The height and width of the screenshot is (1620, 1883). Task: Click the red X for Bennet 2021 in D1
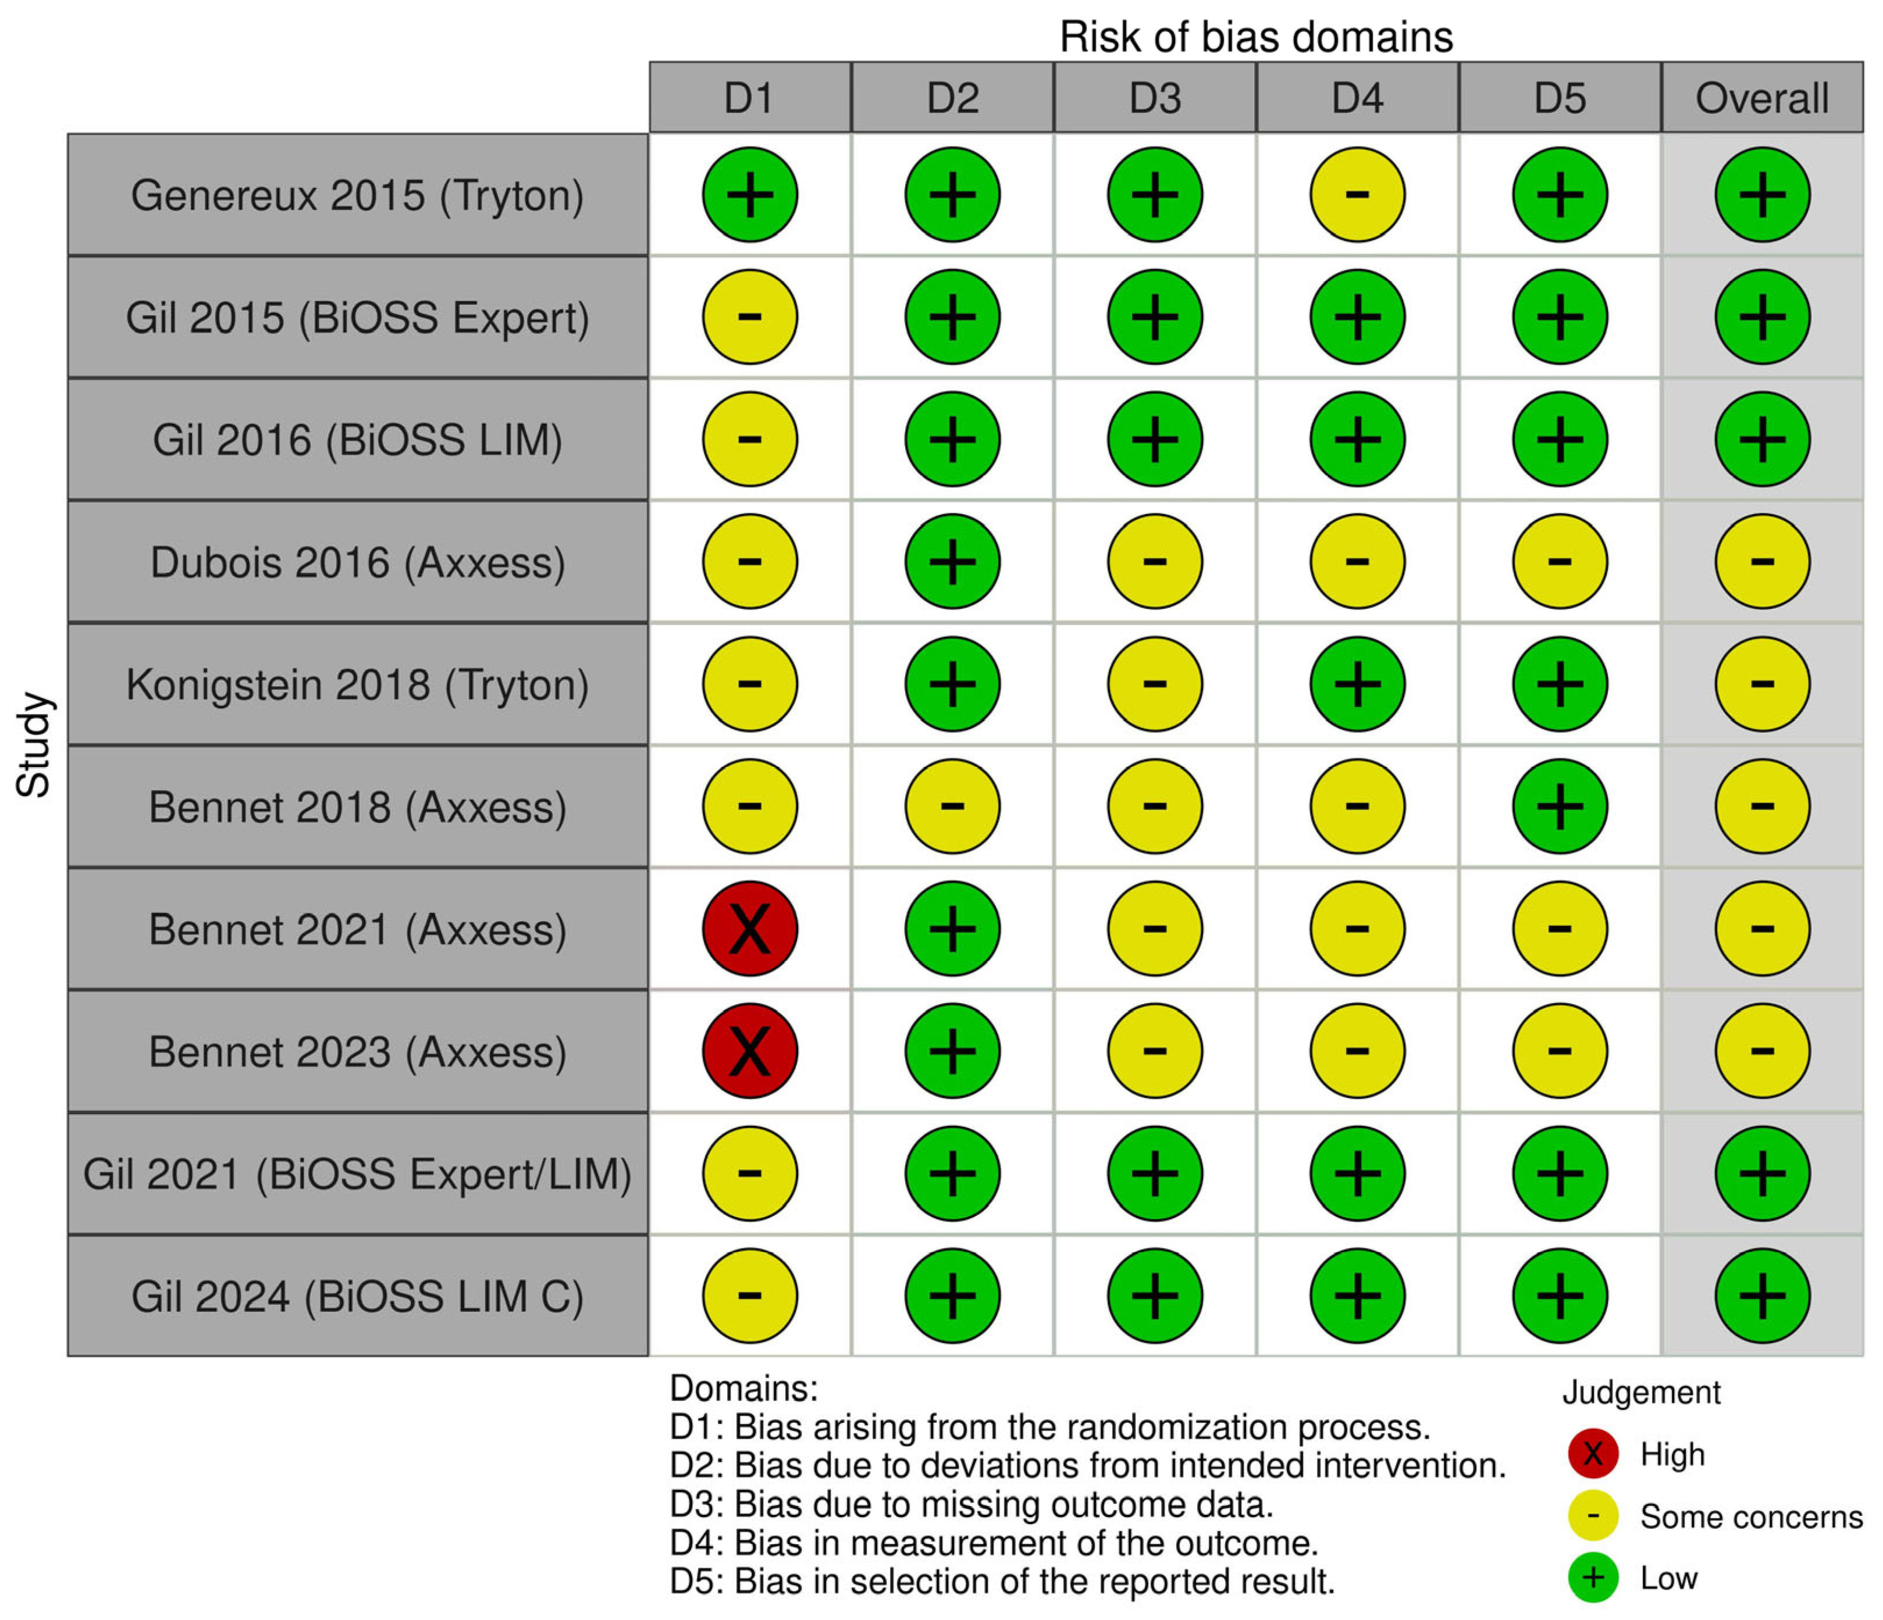click(x=750, y=929)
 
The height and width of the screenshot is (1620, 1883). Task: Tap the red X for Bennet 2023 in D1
click(x=750, y=1051)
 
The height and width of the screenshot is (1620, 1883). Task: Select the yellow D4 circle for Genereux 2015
click(x=1357, y=194)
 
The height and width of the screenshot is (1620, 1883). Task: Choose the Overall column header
click(x=1761, y=97)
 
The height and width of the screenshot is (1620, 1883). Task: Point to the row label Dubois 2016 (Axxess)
click(x=358, y=562)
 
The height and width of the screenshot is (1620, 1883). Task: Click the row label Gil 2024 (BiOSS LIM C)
click(x=358, y=1297)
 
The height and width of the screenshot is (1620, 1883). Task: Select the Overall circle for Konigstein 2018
click(x=1762, y=684)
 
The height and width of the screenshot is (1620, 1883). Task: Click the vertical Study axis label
click(x=34, y=745)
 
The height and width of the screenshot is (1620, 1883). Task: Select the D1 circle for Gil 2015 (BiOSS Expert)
click(x=750, y=317)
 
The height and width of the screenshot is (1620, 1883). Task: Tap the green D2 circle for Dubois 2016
click(x=952, y=562)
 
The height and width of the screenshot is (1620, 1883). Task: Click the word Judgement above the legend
click(x=1640, y=1392)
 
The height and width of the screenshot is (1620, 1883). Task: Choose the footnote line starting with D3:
click(x=970, y=1505)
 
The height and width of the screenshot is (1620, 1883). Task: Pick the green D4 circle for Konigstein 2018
click(x=1357, y=684)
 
